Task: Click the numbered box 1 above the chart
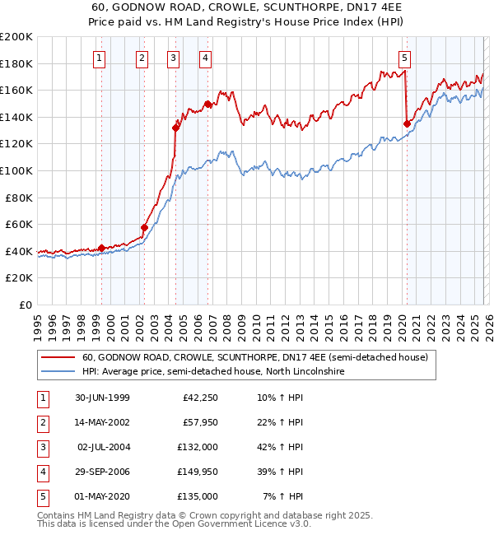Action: click(99, 58)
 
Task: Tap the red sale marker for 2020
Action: click(407, 123)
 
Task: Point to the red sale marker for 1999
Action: click(102, 248)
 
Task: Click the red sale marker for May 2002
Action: click(144, 227)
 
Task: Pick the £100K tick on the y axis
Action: click(17, 170)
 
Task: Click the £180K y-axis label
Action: click(17, 63)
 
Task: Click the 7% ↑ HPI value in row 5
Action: click(281, 496)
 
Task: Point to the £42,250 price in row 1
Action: click(198, 398)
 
